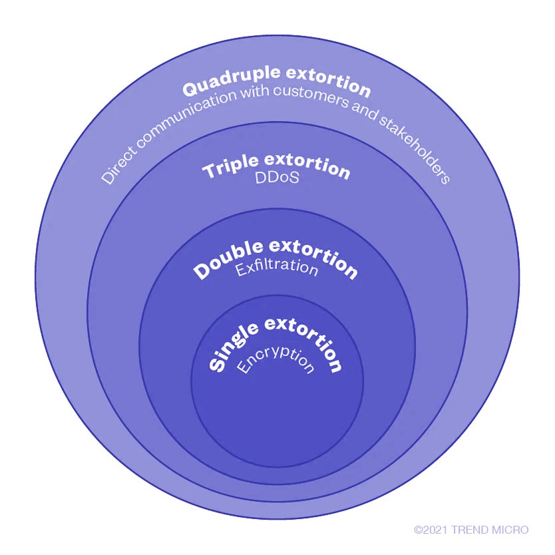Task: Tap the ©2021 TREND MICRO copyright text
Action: point(471,530)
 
